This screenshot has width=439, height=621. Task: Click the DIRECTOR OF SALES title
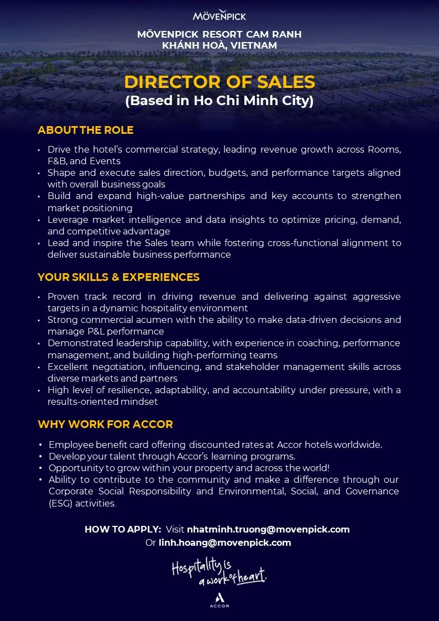(219, 82)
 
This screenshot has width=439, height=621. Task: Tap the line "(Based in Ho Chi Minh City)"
(219, 101)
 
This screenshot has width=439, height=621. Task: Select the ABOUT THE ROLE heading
(86, 131)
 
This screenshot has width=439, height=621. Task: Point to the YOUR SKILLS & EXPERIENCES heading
(118, 276)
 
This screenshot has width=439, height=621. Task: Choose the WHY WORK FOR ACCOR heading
(105, 424)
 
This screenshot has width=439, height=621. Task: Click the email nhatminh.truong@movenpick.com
(268, 529)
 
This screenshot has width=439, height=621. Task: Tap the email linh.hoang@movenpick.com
(225, 542)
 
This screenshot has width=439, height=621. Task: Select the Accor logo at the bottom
(219, 599)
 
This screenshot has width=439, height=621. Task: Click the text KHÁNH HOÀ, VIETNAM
(219, 45)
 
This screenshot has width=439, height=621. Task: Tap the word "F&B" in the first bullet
(56, 161)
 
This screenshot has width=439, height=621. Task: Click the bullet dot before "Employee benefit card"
(40, 445)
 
